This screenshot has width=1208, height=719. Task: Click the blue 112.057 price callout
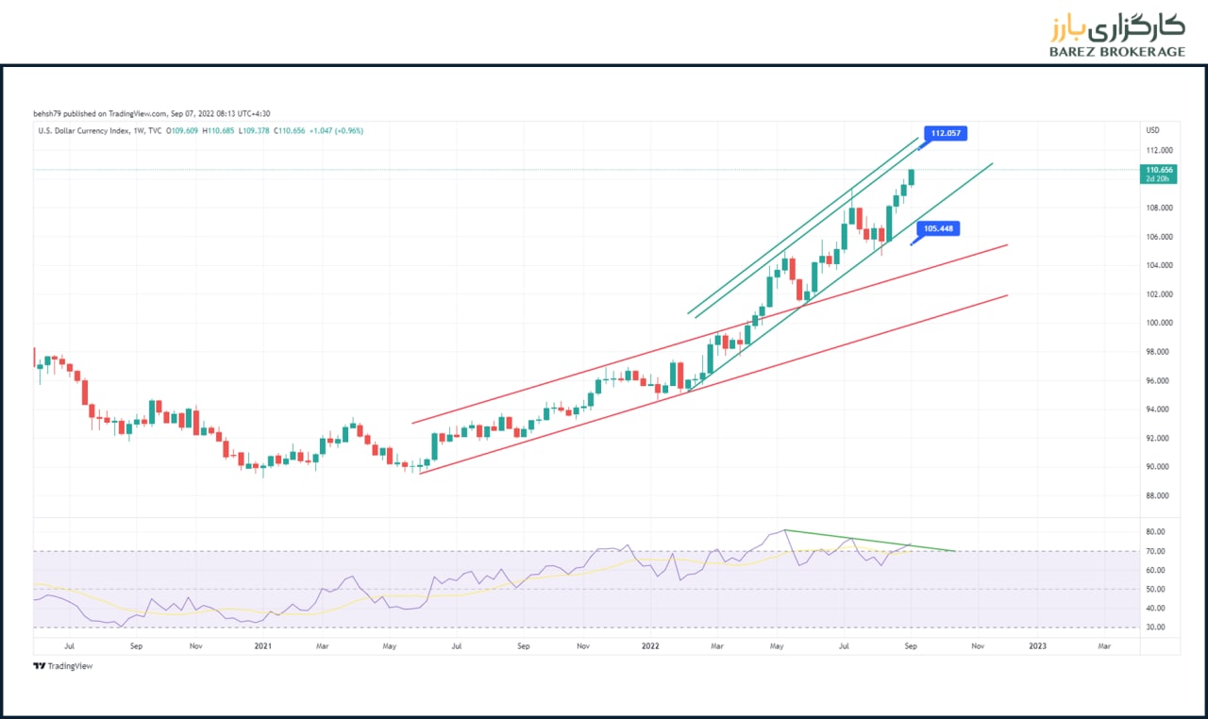[947, 133]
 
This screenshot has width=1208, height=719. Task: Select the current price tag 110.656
[1160, 170]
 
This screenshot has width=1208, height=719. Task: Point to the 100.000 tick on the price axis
[1159, 323]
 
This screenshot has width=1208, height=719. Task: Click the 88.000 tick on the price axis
[1158, 495]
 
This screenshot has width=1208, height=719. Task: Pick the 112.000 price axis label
[1159, 150]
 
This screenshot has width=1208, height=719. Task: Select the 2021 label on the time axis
[263, 646]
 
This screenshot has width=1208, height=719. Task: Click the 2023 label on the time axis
[1037, 646]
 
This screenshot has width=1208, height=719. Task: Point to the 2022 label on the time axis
[649, 646]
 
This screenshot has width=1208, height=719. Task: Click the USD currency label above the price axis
[1152, 130]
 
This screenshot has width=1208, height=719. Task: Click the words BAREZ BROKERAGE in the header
[1116, 52]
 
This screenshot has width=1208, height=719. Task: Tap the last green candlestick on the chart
[912, 177]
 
